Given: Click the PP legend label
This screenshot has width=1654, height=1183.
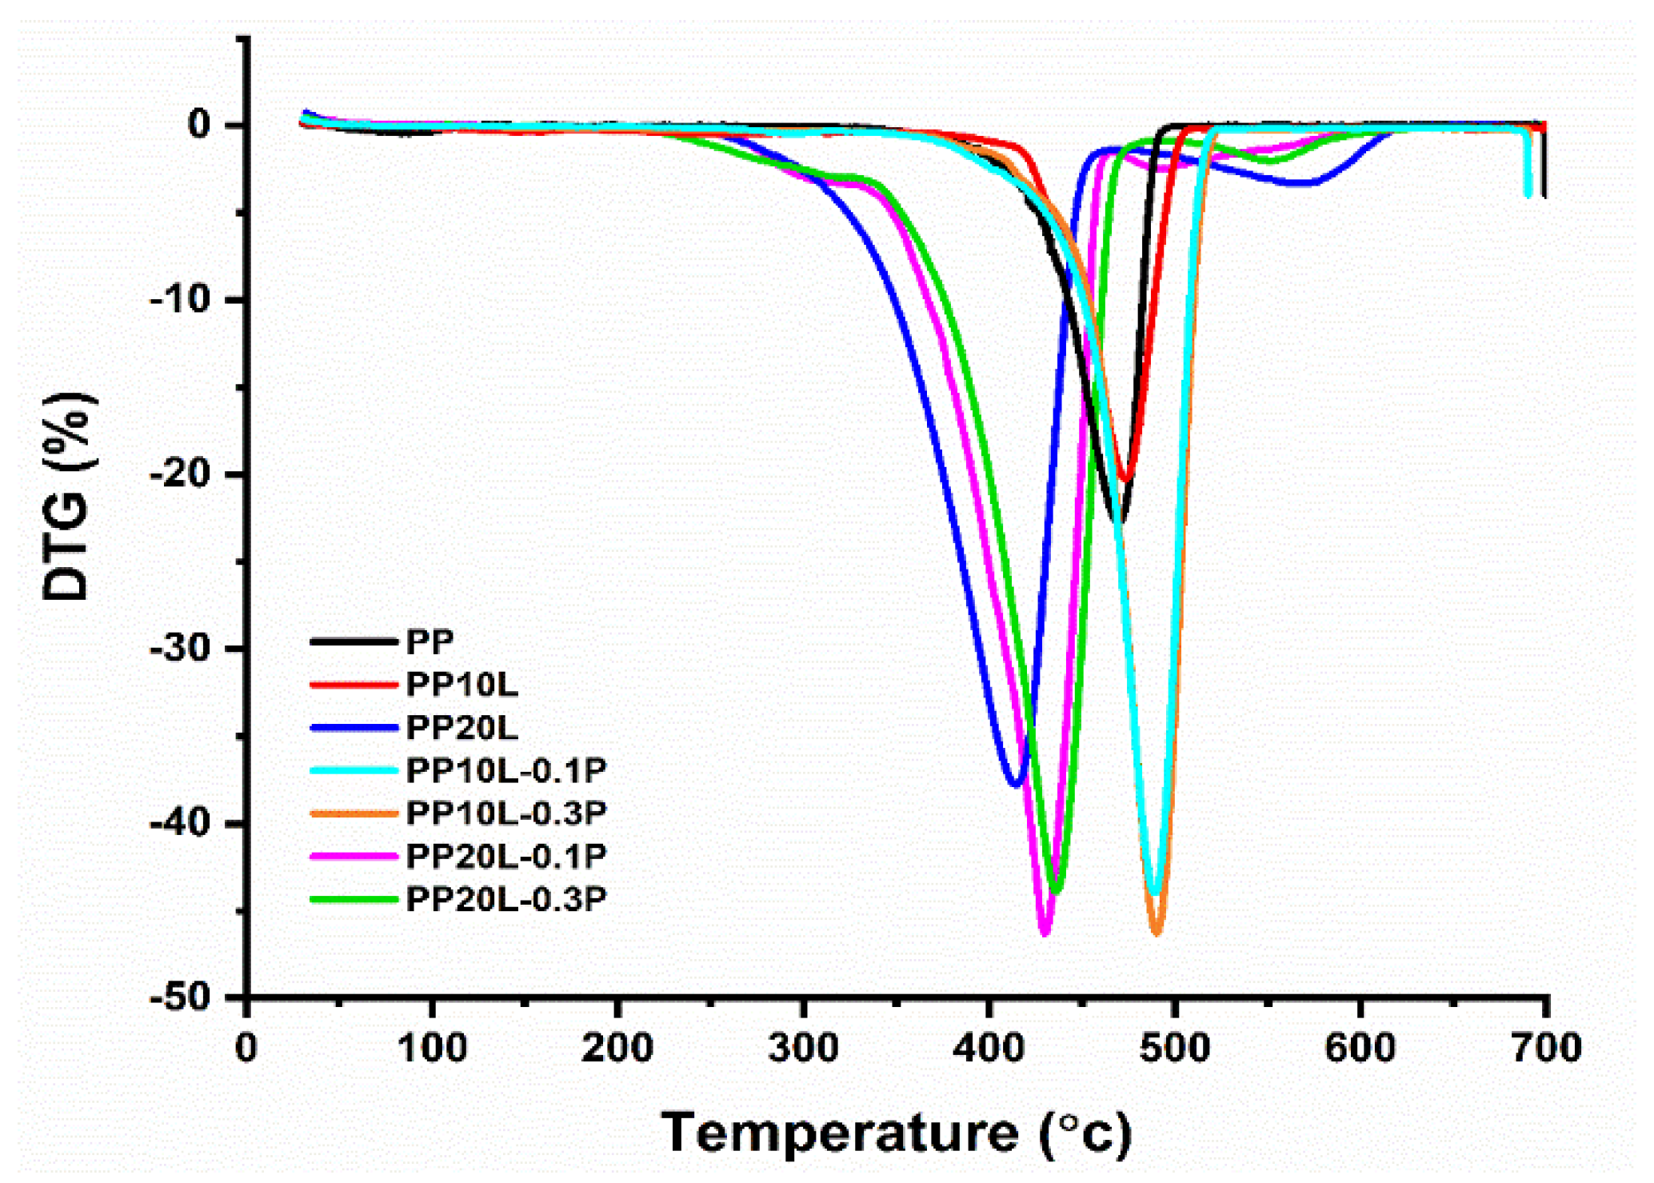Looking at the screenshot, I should coord(429,641).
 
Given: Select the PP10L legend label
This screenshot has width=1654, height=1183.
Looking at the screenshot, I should coord(461,685).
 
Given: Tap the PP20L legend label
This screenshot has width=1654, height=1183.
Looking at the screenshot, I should coord(461,728).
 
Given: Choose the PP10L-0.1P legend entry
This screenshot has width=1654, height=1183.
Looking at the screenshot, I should coord(505,770).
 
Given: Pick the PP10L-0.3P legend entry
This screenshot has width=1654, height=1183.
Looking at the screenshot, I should coord(505,813).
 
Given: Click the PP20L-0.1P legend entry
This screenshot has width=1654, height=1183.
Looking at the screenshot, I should coord(505,857).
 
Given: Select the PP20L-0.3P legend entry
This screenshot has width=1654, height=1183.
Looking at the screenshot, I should coord(505,900).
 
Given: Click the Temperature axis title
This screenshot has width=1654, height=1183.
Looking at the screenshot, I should coord(896,1133).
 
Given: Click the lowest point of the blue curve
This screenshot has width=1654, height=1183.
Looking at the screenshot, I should coord(1016,784).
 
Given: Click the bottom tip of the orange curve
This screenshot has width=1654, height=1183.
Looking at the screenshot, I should coord(1157,933).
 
